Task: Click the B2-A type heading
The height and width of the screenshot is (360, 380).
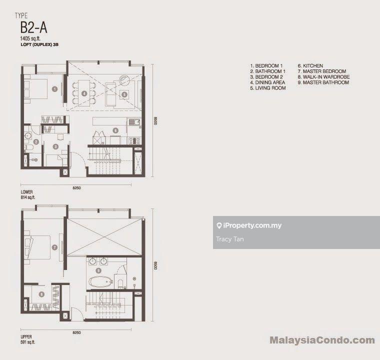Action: [x=33, y=27]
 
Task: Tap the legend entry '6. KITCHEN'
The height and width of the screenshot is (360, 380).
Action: [x=310, y=65]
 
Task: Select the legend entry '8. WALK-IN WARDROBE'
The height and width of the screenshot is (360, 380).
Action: [x=323, y=77]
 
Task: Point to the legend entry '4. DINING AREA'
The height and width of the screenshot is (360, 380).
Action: [x=267, y=82]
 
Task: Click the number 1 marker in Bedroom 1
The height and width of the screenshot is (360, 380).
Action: [x=55, y=89]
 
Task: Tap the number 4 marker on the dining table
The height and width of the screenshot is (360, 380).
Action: [x=84, y=93]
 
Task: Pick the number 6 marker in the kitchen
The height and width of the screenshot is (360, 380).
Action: [x=115, y=130]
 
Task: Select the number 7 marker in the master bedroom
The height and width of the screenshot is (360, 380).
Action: [x=54, y=247]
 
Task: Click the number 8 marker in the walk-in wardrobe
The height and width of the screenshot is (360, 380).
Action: [x=41, y=294]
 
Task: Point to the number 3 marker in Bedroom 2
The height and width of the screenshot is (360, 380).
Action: [x=55, y=146]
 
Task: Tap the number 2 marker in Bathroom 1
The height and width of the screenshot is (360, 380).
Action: [x=36, y=142]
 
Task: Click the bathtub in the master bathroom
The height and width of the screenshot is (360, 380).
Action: [x=100, y=281]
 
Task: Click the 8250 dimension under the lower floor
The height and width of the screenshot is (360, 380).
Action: [x=76, y=188]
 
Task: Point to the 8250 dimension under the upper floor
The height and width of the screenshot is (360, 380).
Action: [x=76, y=332]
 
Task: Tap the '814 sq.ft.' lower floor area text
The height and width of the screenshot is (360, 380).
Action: [x=28, y=197]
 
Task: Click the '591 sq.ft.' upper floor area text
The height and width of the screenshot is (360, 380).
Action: [x=28, y=342]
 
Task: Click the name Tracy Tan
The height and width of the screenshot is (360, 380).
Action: [x=229, y=239]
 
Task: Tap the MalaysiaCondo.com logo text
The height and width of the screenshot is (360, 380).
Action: [x=322, y=340]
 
